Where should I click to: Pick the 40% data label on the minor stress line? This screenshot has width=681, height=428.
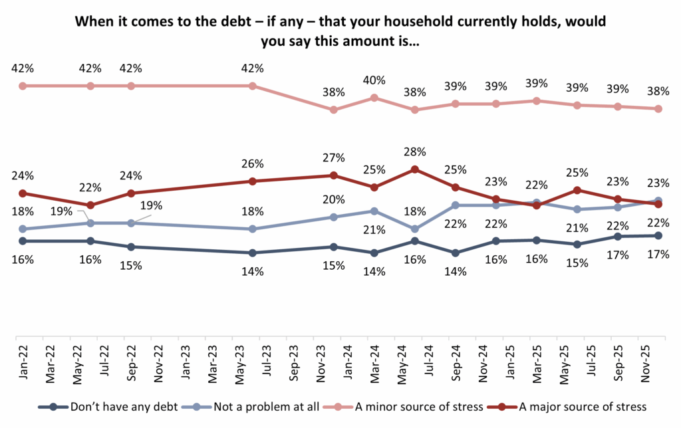click(374, 80)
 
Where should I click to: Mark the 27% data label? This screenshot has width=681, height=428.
click(333, 158)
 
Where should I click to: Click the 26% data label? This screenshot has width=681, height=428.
click(252, 163)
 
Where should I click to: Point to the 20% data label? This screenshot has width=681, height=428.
click(333, 199)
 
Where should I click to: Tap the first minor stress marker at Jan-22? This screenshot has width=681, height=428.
click(23, 86)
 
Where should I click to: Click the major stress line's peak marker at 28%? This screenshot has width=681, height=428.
click(415, 169)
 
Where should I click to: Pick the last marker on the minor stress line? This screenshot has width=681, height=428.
click(658, 109)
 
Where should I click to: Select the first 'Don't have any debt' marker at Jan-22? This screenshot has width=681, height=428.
click(23, 241)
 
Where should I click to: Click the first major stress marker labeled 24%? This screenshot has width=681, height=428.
click(23, 193)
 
